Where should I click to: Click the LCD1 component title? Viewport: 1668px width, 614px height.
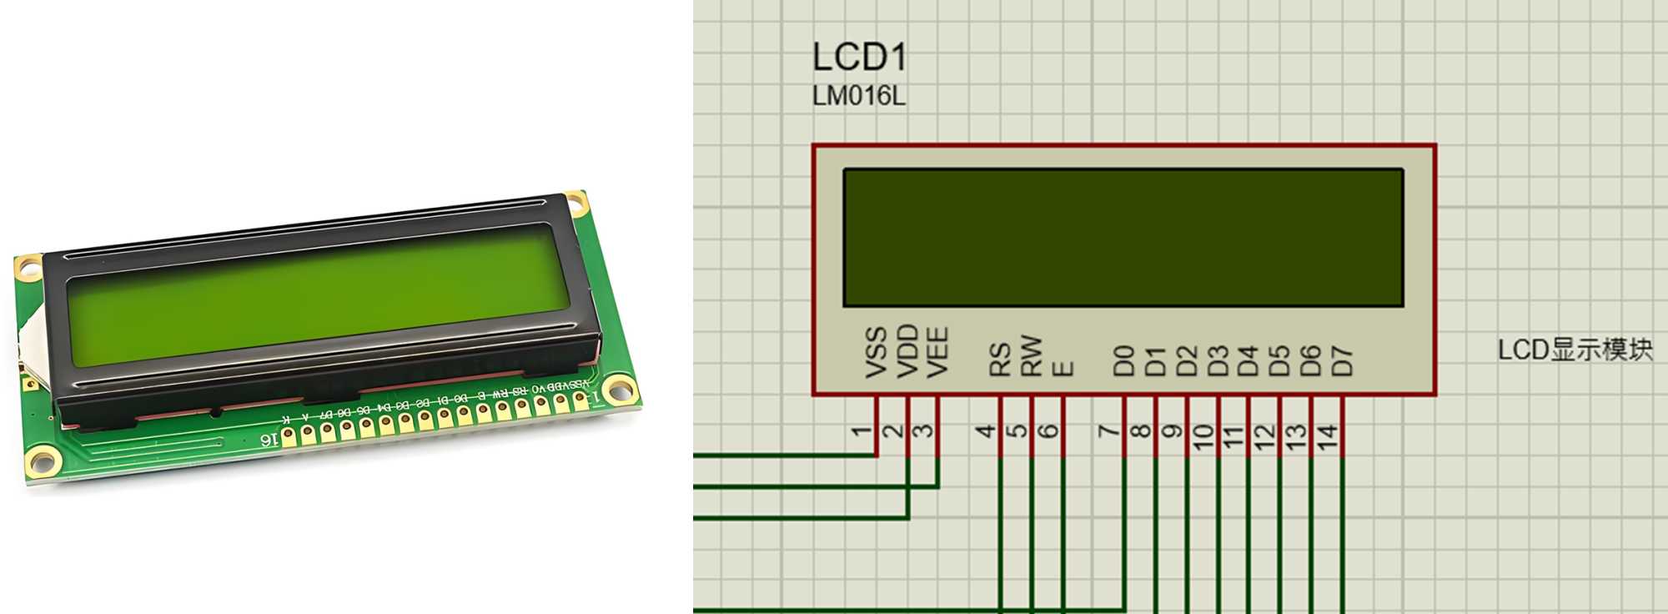tap(859, 58)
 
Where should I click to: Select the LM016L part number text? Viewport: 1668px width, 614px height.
tap(858, 97)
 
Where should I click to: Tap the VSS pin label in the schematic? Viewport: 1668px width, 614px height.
tap(876, 353)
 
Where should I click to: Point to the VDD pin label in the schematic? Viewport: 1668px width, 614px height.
tap(907, 351)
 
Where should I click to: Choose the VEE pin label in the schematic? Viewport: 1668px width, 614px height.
tap(937, 352)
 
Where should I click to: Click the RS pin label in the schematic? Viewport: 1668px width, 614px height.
tap(1000, 360)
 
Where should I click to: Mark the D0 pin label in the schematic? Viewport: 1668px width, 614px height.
tap(1124, 361)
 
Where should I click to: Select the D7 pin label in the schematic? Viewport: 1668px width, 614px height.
tap(1341, 361)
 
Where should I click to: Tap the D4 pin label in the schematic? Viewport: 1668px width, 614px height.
tap(1248, 361)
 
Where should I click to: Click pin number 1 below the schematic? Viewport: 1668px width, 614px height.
tap(862, 431)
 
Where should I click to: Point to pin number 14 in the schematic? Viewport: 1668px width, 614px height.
tap(1327, 436)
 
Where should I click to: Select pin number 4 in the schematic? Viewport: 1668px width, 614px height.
tap(986, 431)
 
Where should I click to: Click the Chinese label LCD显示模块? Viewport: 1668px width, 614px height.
tap(1575, 350)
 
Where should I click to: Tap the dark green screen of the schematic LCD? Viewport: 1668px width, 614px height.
tap(1123, 238)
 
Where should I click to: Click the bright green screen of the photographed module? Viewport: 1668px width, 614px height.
tap(317, 296)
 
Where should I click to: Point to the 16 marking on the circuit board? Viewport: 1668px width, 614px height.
tap(269, 439)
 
